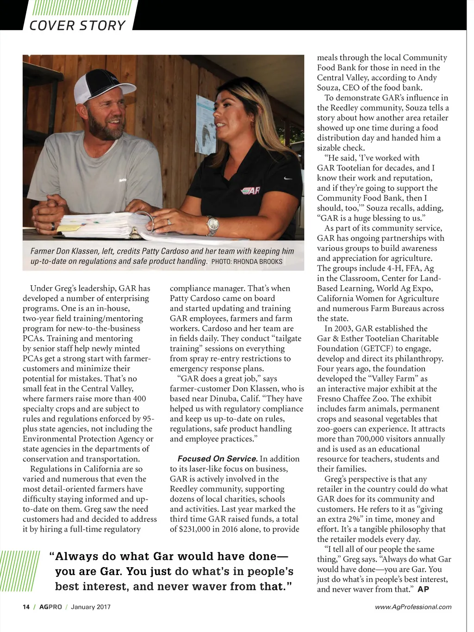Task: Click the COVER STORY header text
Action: (x=77, y=25)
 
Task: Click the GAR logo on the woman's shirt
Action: (x=250, y=190)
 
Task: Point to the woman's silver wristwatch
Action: (x=212, y=225)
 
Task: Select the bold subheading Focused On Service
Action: (x=218, y=459)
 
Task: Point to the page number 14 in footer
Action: (x=26, y=607)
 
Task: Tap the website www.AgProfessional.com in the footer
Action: (x=413, y=607)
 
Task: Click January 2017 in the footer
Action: (x=91, y=607)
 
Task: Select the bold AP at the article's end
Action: (x=423, y=589)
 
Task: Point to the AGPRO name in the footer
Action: (x=50, y=607)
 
